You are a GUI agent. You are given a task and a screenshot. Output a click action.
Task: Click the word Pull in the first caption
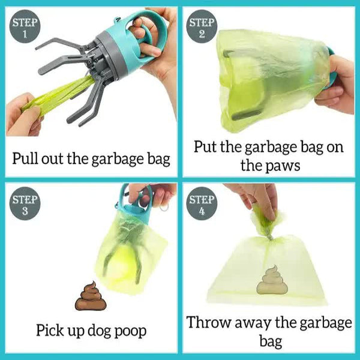coord(28,159)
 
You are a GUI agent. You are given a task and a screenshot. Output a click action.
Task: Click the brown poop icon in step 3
coord(91,297)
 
